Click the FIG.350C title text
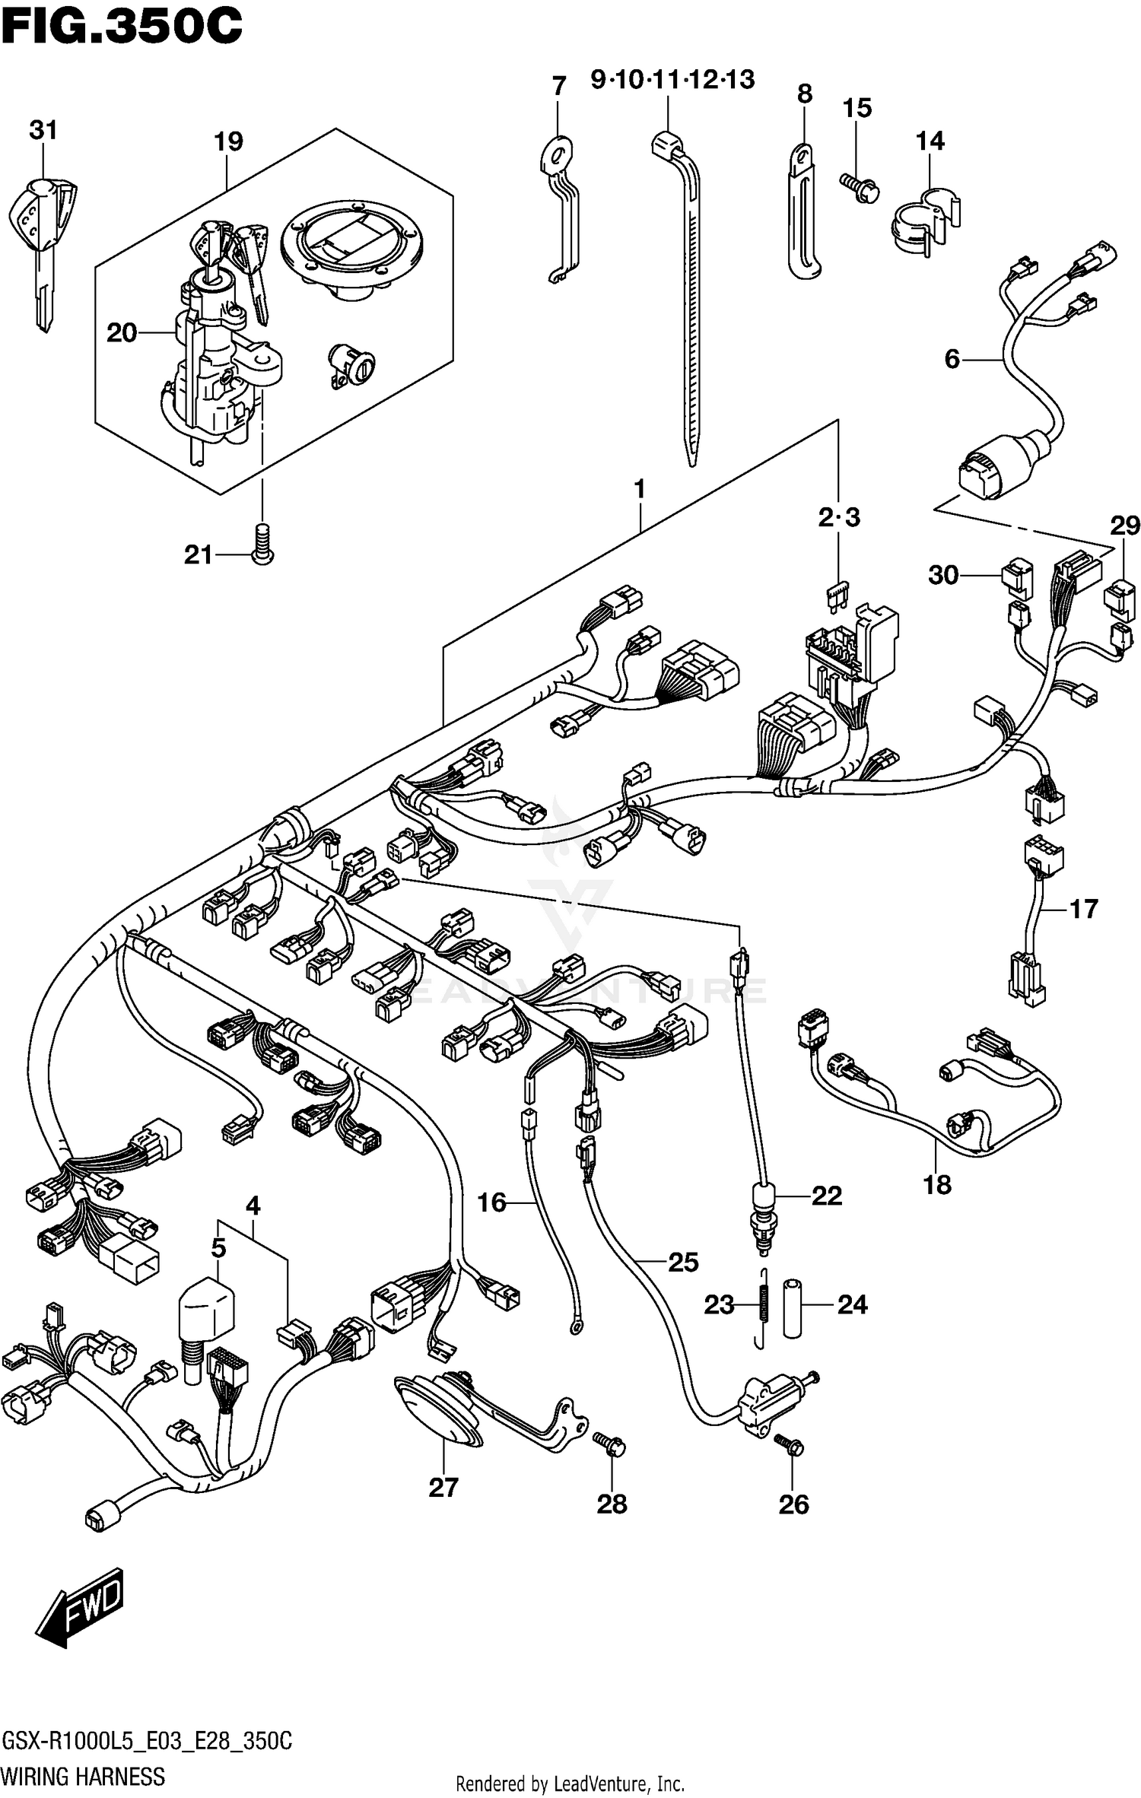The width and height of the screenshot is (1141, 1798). coord(122,27)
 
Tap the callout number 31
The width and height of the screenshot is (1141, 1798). coord(43,131)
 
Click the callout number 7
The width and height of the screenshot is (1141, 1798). coord(559,86)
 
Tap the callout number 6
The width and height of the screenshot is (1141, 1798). coord(952,359)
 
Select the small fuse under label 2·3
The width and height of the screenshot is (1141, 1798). coord(837,594)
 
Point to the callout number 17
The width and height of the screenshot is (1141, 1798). coord(1084,908)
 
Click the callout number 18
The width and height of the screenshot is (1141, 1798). coord(937,1184)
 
